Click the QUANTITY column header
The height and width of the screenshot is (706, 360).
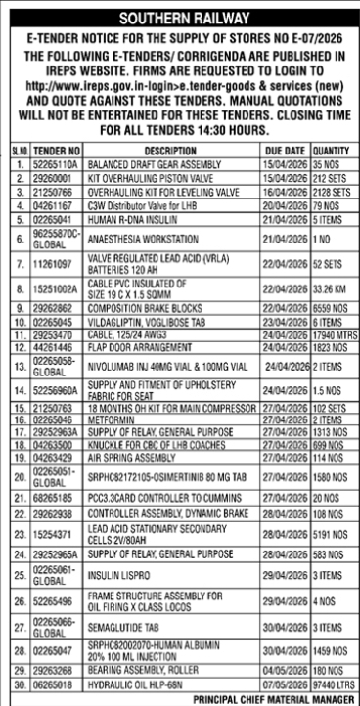click(x=333, y=153)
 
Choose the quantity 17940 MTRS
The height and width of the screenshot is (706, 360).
click(x=333, y=333)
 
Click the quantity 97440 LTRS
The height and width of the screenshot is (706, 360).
click(x=333, y=685)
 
